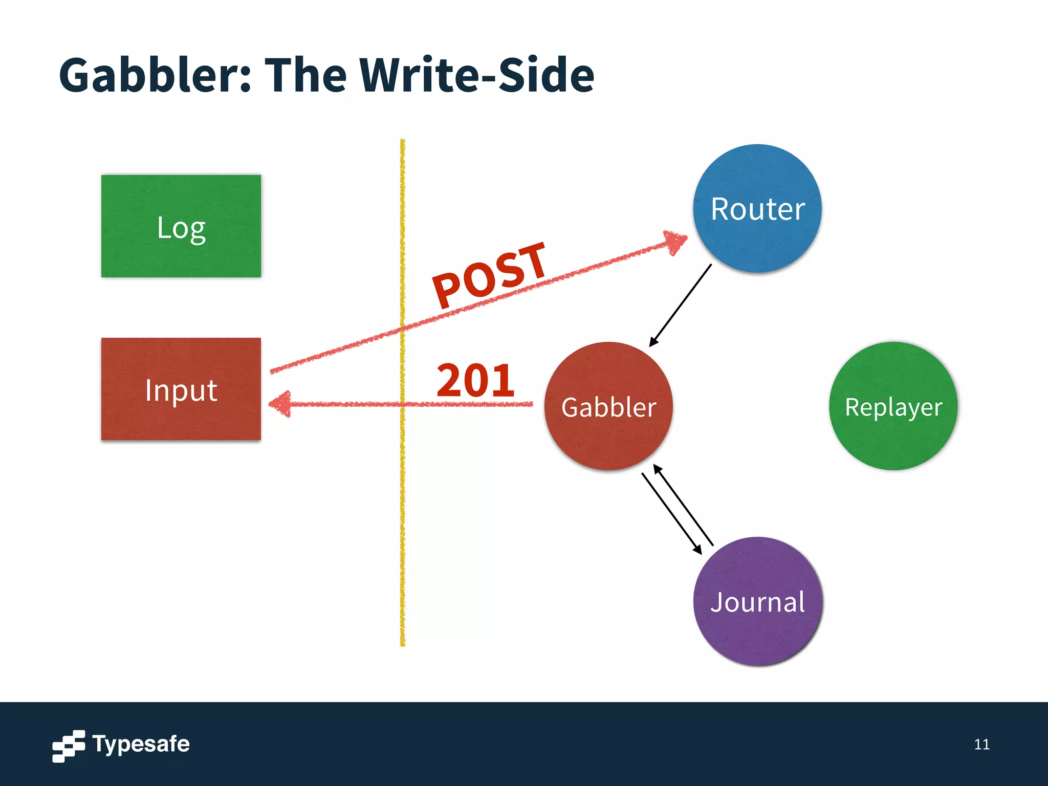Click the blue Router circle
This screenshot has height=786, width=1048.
(x=757, y=208)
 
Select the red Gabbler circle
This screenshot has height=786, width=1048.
(x=608, y=406)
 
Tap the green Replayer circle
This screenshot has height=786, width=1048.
(x=893, y=406)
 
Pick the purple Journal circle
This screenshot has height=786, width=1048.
(x=757, y=601)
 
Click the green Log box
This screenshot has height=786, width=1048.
(x=181, y=226)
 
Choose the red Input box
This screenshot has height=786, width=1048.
(x=181, y=389)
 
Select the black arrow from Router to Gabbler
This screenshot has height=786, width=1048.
(x=681, y=305)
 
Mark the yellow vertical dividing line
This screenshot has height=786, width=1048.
(x=403, y=512)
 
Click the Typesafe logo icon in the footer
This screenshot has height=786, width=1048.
(x=69, y=746)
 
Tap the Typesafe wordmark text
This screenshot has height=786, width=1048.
(x=141, y=744)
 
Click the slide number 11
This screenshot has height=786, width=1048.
(x=981, y=744)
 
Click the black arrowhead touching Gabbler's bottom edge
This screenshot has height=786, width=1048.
(x=658, y=469)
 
